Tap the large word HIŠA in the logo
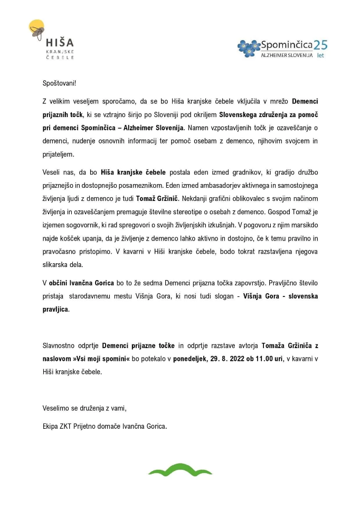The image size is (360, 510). (60, 43)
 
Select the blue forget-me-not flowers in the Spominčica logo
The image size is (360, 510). (248, 48)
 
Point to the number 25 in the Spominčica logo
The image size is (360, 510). (321, 45)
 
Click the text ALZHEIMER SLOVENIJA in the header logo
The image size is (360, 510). (287, 55)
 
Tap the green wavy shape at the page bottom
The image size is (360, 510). (180, 469)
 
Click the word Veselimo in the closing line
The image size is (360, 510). (56, 407)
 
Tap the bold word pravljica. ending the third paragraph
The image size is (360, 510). (56, 309)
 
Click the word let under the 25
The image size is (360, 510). (320, 55)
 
